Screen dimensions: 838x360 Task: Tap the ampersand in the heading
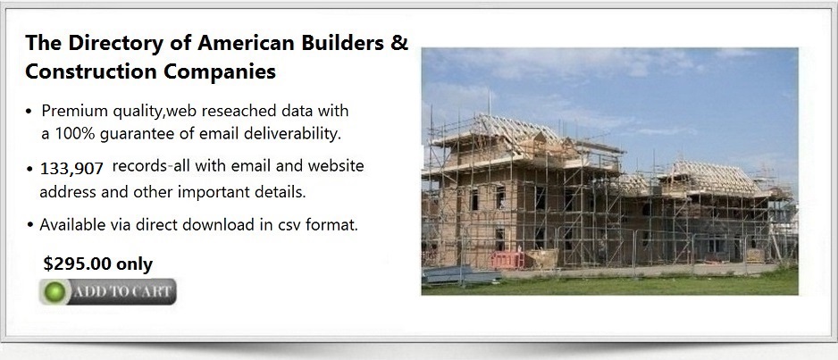coord(398,43)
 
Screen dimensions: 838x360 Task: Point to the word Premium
coord(75,111)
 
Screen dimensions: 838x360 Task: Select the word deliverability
coord(292,133)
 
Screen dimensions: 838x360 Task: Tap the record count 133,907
coord(71,169)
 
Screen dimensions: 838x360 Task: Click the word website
coord(336,165)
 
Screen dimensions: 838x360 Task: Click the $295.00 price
coord(78,264)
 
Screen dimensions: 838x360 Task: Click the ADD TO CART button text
coord(122,291)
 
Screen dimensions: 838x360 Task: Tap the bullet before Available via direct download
coord(30,225)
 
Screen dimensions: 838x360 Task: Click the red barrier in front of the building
coord(507,260)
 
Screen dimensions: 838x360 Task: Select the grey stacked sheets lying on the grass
coord(459,274)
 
